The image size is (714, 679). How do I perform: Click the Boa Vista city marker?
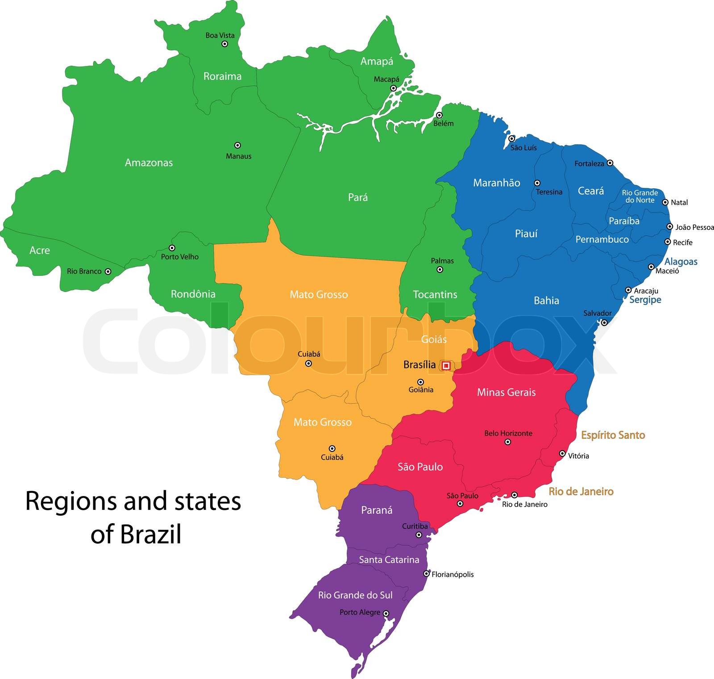coord(225,44)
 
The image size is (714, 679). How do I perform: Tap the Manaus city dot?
coord(237,145)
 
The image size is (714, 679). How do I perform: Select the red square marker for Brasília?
coord(446,366)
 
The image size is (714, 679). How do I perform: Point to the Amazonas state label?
coord(149,163)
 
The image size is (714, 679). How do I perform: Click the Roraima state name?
coord(222,76)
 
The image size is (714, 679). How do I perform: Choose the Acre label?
coord(40,250)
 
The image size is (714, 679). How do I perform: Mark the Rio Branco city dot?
coord(108,271)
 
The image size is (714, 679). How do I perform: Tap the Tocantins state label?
coord(435,295)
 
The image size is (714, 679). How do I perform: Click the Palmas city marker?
coord(440,270)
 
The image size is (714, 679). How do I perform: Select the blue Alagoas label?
coord(681,262)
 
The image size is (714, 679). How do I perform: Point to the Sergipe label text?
coord(645,300)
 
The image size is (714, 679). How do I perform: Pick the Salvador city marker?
coord(604,322)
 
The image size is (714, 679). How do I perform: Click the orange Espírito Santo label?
coord(613,435)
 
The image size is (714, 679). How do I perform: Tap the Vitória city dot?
coord(562,454)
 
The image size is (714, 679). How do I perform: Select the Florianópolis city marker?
coord(427,574)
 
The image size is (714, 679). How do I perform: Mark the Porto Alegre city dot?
coord(386,614)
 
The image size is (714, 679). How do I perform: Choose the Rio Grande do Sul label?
coord(355,595)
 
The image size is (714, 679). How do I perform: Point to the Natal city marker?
coord(665,202)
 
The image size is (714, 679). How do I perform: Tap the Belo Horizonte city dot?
coord(508,442)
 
